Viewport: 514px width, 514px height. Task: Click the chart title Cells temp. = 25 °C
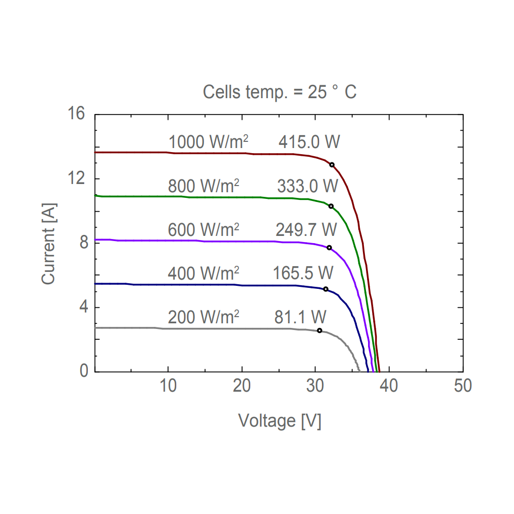(280, 93)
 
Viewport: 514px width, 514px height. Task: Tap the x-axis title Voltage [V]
(280, 421)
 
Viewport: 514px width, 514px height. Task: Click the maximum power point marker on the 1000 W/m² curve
(332, 165)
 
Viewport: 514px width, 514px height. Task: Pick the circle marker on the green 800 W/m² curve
(331, 206)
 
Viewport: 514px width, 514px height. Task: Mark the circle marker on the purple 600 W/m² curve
(329, 248)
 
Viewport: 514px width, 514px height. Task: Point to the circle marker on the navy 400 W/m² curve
(325, 289)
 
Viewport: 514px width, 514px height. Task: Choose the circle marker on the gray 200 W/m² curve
(320, 331)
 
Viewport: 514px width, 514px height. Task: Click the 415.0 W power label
(309, 142)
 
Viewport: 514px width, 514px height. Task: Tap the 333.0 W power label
(308, 186)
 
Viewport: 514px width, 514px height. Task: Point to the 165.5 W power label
(303, 272)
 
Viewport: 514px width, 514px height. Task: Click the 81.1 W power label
(301, 317)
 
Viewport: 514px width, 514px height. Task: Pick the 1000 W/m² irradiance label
(204, 142)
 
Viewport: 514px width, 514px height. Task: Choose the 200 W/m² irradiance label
(204, 317)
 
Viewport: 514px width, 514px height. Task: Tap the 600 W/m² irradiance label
(204, 229)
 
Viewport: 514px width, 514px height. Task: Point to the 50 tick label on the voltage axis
(463, 386)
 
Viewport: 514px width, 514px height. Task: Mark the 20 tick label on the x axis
(242, 386)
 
